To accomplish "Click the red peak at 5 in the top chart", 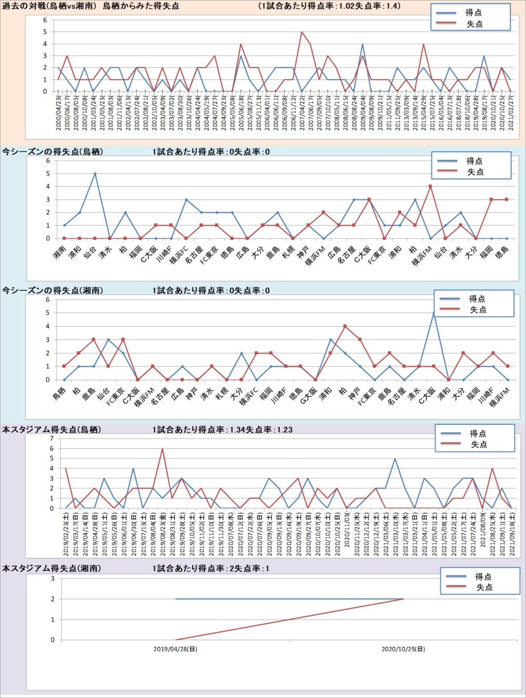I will point(301,32).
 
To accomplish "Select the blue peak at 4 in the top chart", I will point(362,44).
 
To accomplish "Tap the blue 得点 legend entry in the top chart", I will point(473,13).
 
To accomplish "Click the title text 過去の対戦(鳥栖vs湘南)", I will point(50,6).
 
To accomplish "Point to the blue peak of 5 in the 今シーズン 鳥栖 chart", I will point(95,174).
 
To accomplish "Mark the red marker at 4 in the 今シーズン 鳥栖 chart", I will point(430,186).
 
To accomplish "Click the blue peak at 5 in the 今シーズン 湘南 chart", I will point(434,313).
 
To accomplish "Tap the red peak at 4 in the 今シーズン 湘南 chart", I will point(345,326).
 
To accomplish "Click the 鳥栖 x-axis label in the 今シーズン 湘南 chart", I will point(59,392).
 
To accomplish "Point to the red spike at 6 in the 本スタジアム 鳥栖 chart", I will point(162,449).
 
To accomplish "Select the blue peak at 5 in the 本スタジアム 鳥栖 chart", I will point(395,459).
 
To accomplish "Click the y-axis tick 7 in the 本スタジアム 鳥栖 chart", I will point(52,438).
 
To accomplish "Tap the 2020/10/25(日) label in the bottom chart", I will point(403,649).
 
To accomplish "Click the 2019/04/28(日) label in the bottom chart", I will point(175,649).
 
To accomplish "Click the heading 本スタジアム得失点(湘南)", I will point(52,569).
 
